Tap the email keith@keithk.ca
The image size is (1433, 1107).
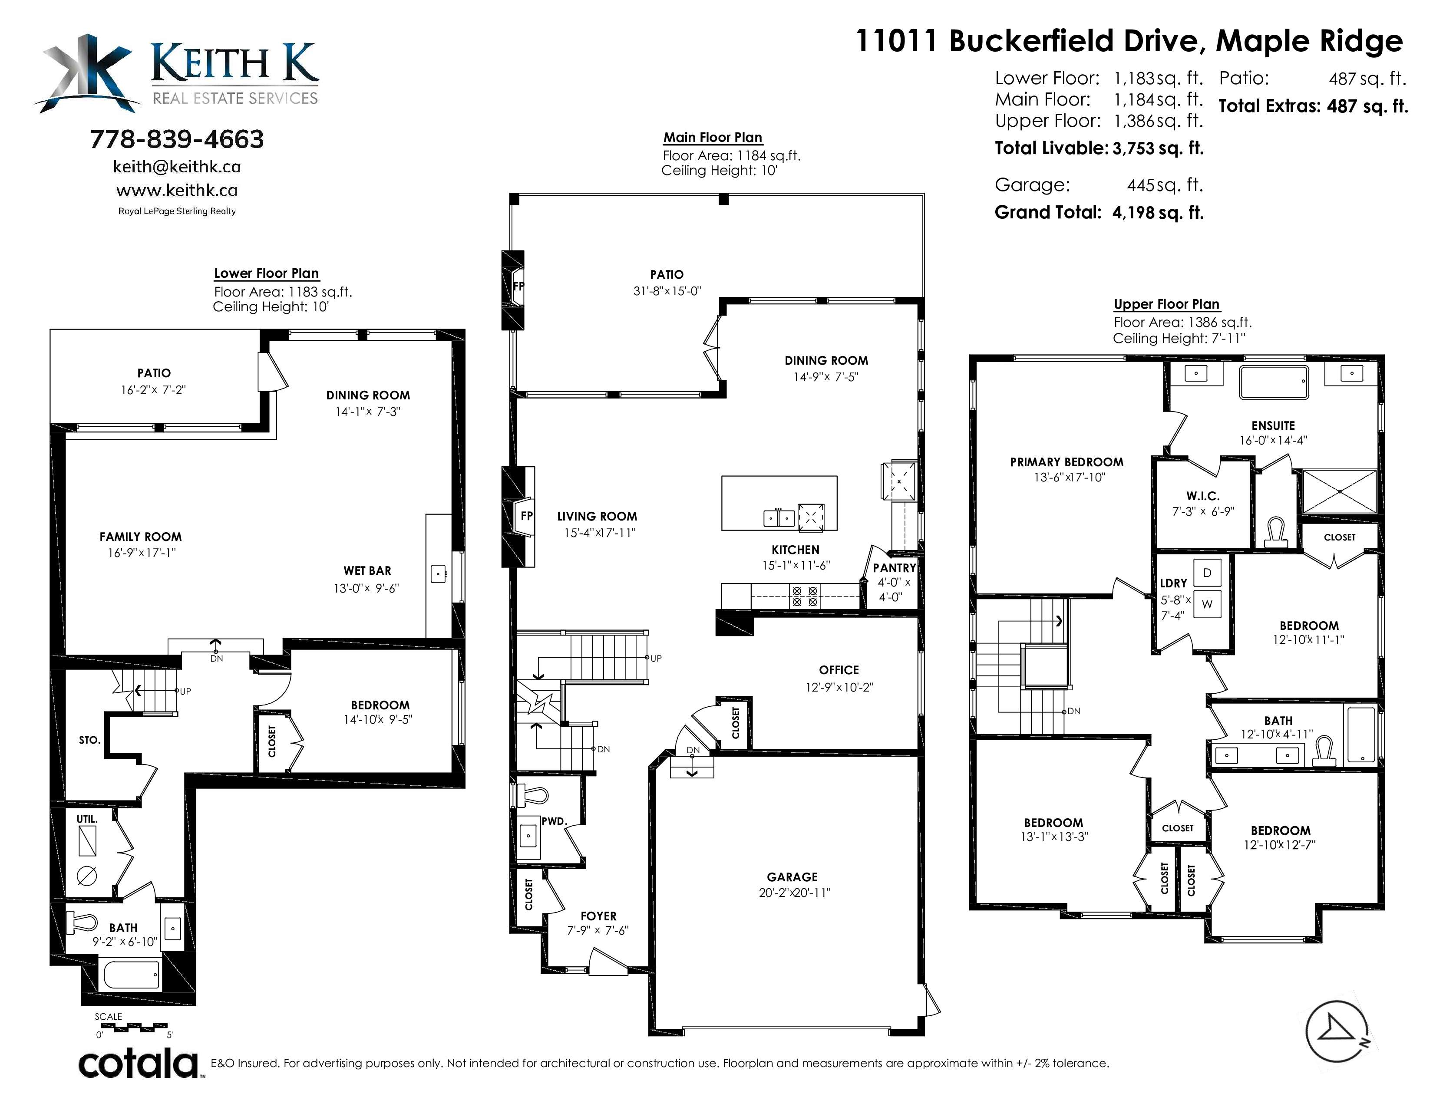point(177,167)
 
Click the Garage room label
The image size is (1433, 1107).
point(792,877)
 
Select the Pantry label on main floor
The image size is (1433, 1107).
point(894,568)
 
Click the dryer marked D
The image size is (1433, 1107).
point(1207,573)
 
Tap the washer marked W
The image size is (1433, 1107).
point(1207,604)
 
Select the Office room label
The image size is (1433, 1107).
point(839,669)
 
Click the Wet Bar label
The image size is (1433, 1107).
point(367,570)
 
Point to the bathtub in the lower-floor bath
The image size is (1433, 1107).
point(131,975)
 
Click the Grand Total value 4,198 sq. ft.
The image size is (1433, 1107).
point(1158,212)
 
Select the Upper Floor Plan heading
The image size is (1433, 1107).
point(1167,304)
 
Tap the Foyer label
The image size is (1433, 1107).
point(598,916)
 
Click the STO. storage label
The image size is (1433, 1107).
point(89,740)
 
